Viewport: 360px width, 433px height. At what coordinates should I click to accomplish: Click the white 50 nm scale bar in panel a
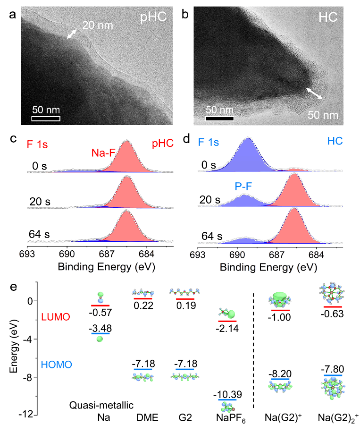pyautogui.click(x=46, y=118)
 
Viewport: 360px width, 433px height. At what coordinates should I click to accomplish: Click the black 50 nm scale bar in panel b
pyautogui.click(x=220, y=119)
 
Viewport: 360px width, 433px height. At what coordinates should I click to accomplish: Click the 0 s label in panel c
pyautogui.click(x=35, y=166)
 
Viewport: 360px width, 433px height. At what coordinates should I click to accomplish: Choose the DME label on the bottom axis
pyautogui.click(x=143, y=418)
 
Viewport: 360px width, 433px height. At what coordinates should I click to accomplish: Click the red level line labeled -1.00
pyautogui.click(x=280, y=310)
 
